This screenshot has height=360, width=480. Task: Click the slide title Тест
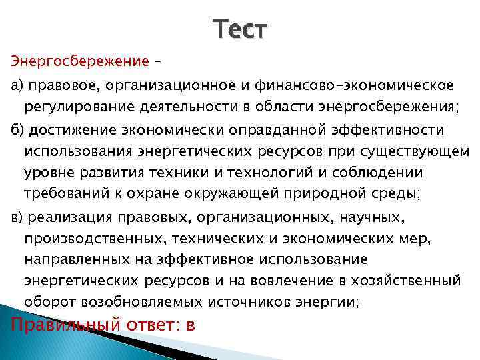point(240,29)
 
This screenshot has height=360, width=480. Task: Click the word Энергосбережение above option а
point(79,61)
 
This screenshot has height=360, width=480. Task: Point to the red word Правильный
point(64,325)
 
